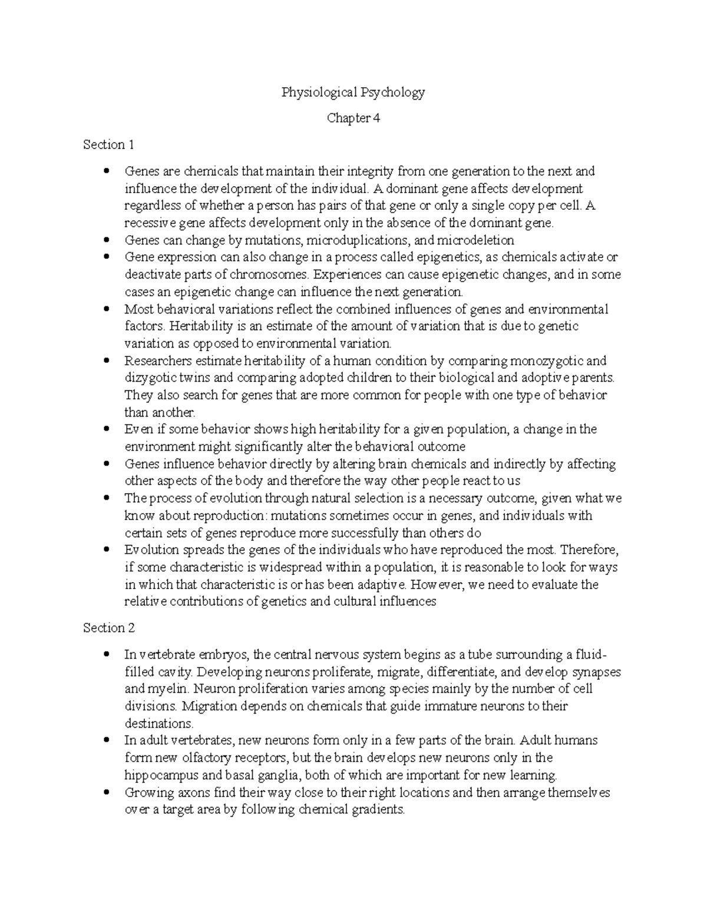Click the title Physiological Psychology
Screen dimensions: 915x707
pyautogui.click(x=353, y=92)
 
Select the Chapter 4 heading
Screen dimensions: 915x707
pyautogui.click(x=353, y=118)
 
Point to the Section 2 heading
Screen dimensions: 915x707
pyautogui.click(x=109, y=628)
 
